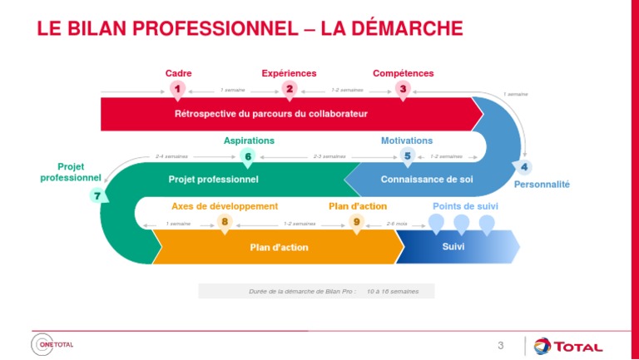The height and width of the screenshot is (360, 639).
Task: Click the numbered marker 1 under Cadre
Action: coord(176,88)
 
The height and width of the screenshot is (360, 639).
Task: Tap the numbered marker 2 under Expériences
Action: coord(289,88)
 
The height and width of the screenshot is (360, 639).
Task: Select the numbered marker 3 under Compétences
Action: coord(403,88)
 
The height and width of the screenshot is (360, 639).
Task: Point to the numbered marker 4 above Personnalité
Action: coord(525,166)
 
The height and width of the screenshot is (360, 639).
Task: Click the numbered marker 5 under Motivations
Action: coord(407,155)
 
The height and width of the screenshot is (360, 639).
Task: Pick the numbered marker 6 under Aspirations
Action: coord(248,155)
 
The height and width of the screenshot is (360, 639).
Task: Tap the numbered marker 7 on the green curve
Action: coord(97,196)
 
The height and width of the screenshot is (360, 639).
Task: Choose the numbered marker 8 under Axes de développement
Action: coord(223,221)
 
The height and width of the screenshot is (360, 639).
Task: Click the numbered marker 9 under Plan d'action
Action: coord(356,221)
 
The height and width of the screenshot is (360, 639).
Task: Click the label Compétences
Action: coord(403,73)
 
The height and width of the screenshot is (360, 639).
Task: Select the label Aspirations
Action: coord(249,141)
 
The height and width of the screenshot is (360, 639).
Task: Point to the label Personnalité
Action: coord(541,184)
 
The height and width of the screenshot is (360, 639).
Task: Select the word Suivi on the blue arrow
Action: coord(453,246)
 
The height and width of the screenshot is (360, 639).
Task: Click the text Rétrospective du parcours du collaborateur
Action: coord(270,113)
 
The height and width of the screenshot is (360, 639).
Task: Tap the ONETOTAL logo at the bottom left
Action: coord(52,344)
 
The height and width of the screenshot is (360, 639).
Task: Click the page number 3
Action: coord(500,345)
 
